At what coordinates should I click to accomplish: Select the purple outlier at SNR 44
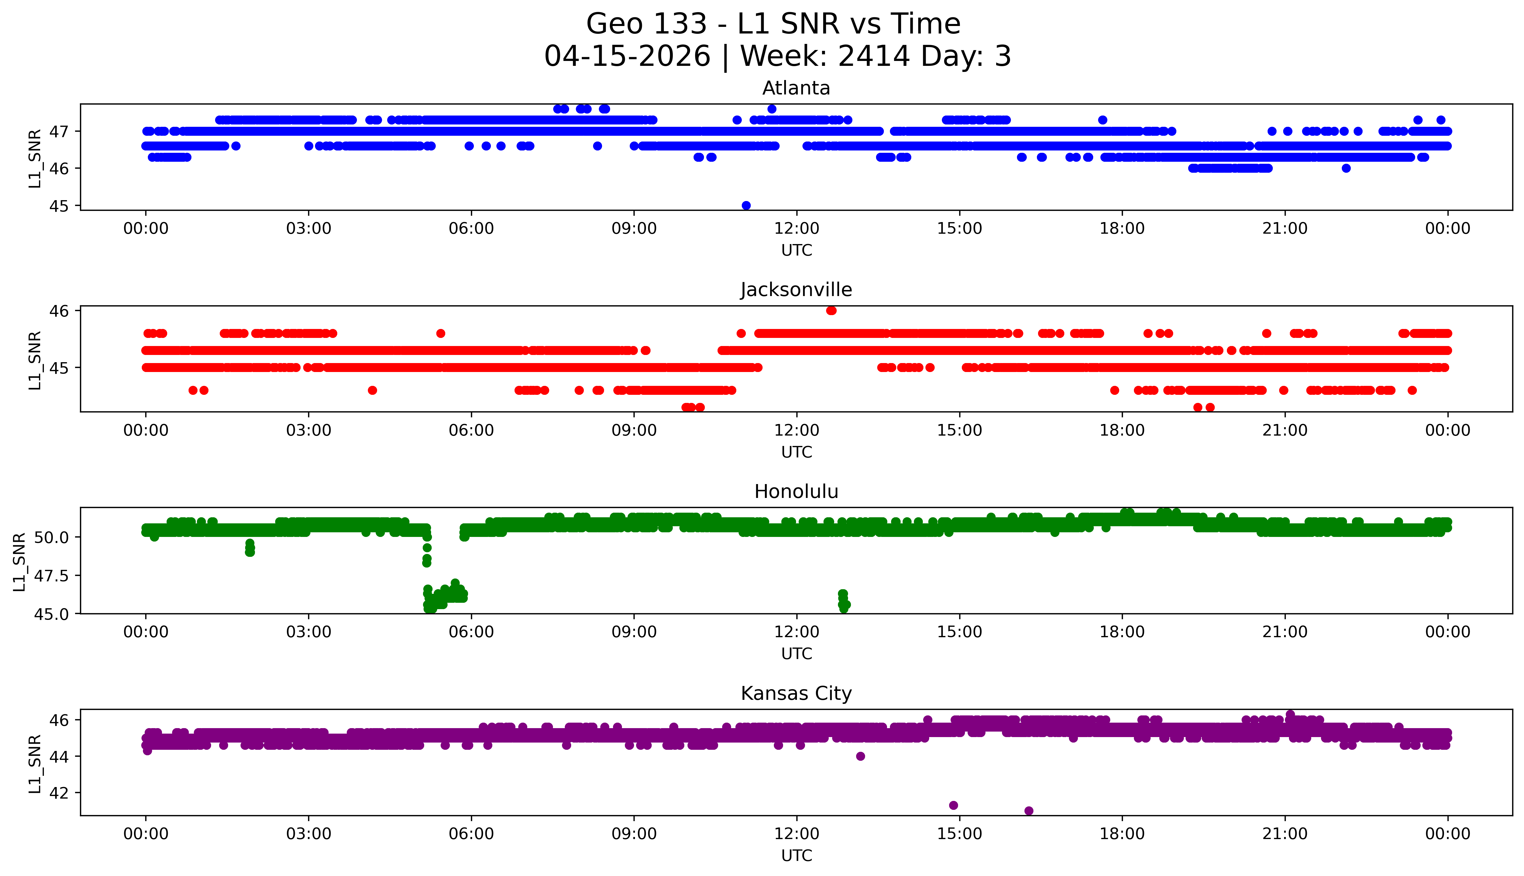(x=860, y=756)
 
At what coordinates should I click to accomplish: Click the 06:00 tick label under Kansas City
(x=471, y=834)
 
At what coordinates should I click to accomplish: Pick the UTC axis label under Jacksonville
(x=796, y=452)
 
